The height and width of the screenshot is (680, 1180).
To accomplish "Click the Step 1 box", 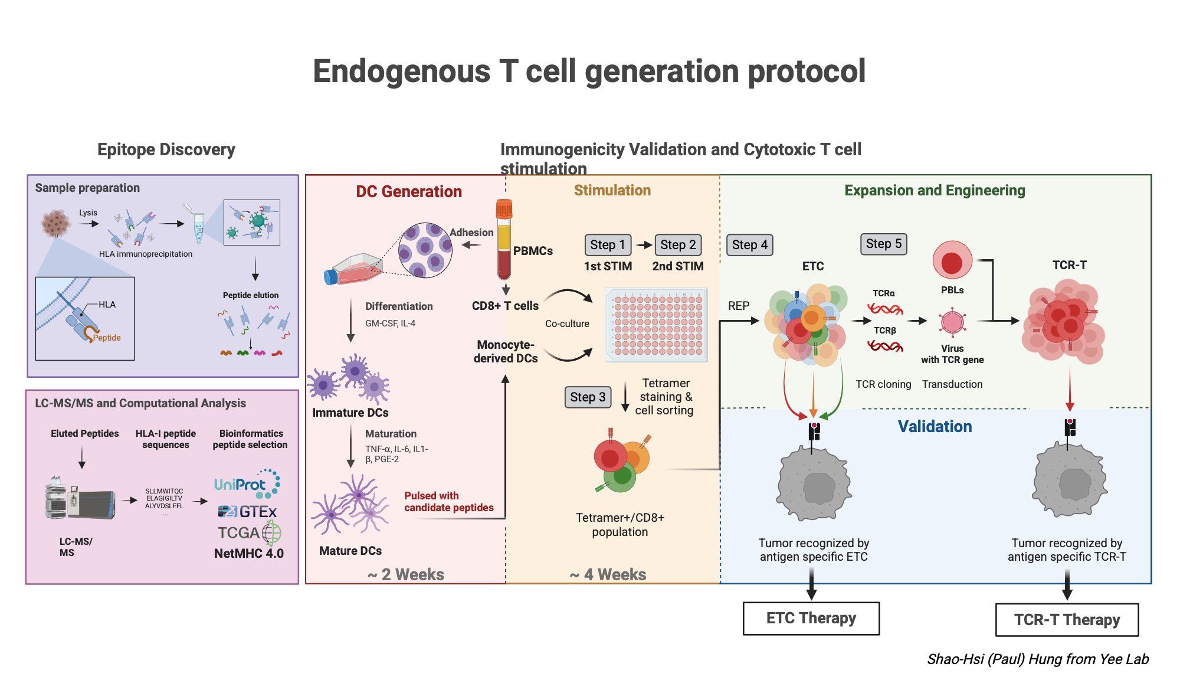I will coord(607,244).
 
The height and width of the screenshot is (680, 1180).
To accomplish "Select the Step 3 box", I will coord(588,397).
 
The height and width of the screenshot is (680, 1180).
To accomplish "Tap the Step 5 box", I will coord(883,244).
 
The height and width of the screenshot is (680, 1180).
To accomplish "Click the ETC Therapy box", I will coord(811,618).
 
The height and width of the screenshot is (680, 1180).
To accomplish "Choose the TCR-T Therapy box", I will coord(1067,620).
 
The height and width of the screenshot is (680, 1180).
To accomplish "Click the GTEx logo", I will coord(247,512).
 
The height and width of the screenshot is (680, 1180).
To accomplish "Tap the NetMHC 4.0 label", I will coord(248,554).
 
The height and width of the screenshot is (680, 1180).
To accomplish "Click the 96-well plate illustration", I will coord(656,325).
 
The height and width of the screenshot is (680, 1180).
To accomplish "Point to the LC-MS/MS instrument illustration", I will coord(80,499).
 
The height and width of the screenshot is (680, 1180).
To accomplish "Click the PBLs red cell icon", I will coord(952,260).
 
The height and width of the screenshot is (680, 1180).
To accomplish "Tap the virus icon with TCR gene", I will coord(952,322).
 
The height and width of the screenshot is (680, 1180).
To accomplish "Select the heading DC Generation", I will coord(408,192).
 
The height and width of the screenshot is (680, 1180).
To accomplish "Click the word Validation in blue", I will coord(935,427).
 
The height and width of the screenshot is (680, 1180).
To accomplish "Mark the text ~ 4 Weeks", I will coord(608,574).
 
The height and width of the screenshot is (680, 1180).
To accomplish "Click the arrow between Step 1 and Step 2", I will coord(644,245).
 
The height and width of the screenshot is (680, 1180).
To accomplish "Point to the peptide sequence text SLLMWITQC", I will coord(164,491).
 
